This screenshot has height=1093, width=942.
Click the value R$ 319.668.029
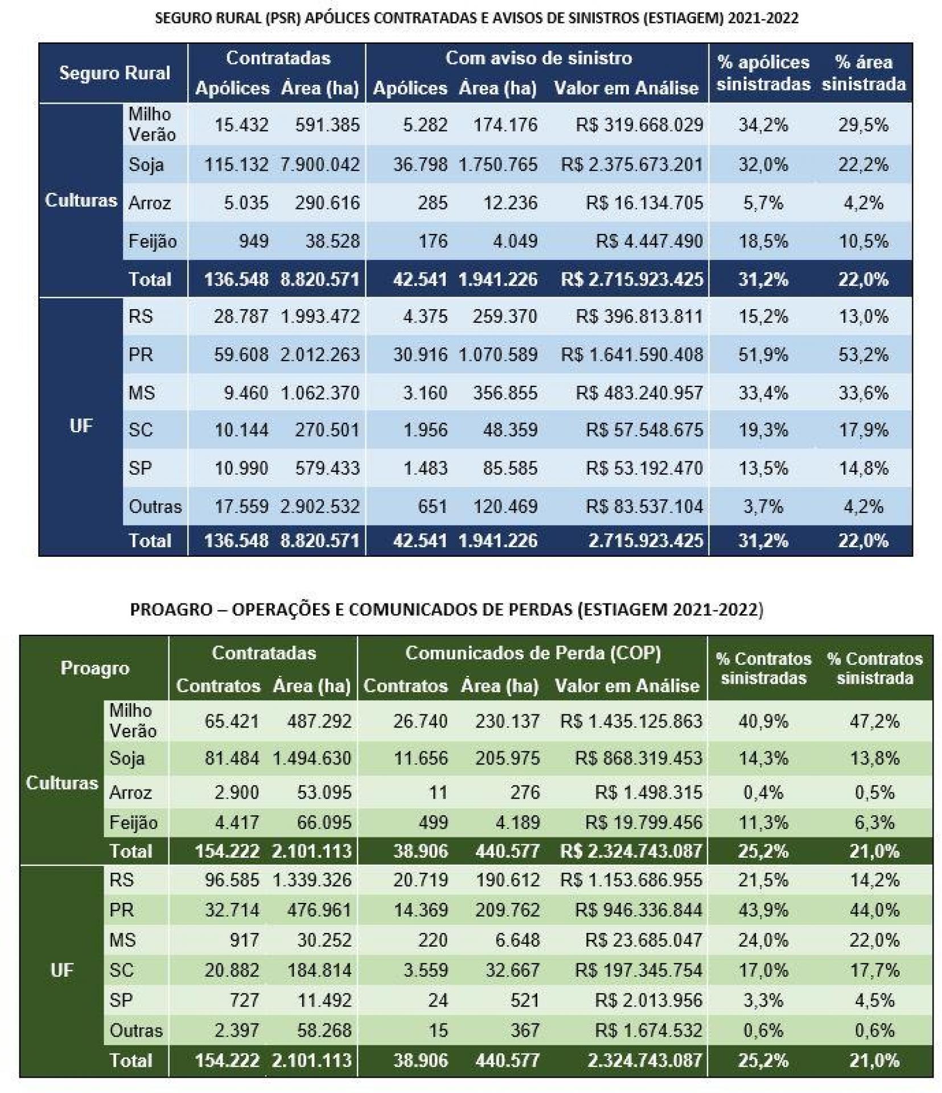click(x=639, y=125)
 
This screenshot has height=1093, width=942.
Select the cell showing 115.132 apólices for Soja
click(x=236, y=165)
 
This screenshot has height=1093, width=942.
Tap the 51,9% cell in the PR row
click(x=763, y=355)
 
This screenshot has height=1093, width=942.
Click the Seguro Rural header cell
click(x=114, y=73)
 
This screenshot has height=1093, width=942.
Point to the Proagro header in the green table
click(x=94, y=668)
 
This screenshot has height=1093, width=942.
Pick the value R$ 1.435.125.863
click(x=631, y=721)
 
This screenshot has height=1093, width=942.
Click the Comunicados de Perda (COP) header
click(x=533, y=653)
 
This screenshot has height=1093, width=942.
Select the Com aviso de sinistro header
click(x=538, y=58)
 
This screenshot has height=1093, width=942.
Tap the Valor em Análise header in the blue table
click(x=626, y=88)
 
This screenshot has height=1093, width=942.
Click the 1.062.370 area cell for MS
click(x=320, y=393)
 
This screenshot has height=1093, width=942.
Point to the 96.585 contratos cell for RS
click(x=232, y=880)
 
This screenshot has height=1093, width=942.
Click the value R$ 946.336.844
click(x=638, y=910)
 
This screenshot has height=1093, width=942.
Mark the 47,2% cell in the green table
click(x=874, y=721)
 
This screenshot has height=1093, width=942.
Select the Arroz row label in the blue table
click(x=149, y=203)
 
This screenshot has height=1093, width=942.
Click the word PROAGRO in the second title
click(x=171, y=609)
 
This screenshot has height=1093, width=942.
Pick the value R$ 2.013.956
click(x=648, y=1000)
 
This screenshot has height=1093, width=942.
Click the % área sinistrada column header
click(x=863, y=73)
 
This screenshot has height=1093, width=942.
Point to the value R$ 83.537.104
click(x=644, y=506)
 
